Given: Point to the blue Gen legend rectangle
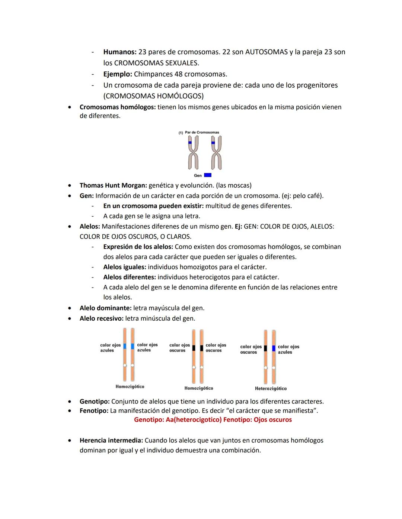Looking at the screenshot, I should (x=208, y=175).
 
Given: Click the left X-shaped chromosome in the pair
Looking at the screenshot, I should (x=193, y=152).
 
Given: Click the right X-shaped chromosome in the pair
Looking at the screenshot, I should (x=216, y=152).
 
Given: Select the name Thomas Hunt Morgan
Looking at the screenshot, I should (x=113, y=185).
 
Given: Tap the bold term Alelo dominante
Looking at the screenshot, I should (x=105, y=308).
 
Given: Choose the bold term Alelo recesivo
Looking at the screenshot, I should (x=101, y=318).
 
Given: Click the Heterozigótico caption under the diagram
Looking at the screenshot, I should (x=271, y=389).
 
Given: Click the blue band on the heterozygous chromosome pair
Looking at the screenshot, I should (x=274, y=348).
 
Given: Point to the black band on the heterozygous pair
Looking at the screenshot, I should (x=265, y=348).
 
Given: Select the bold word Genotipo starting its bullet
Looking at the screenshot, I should (x=94, y=401).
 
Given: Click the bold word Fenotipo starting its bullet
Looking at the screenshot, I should (x=94, y=411).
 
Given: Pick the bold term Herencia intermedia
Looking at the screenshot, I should (x=111, y=440).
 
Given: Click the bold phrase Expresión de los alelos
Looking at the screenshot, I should (x=138, y=247).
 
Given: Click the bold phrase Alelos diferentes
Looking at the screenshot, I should (x=129, y=277).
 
